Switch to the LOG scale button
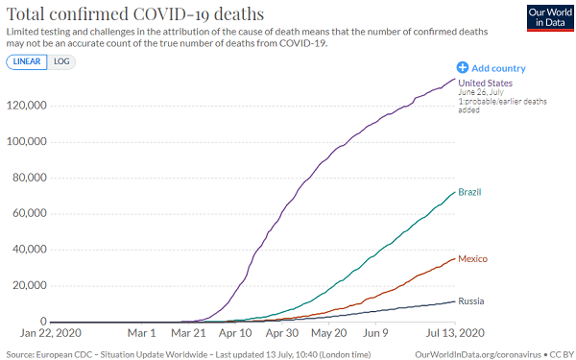pos(61,61)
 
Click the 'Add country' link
pos(498,68)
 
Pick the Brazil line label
pos(469,192)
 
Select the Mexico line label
pos(473,259)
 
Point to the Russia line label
pos(470,300)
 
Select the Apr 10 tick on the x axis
pos(235,333)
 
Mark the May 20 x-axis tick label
pos(329,333)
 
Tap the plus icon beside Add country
pos(463,68)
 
